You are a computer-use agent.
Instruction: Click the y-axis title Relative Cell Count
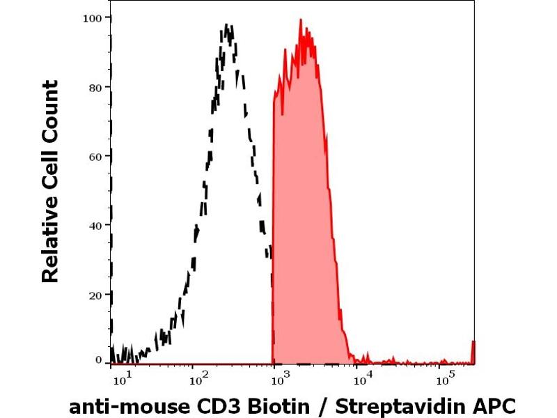click(x=50, y=181)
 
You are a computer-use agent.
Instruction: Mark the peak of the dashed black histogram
click(x=226, y=26)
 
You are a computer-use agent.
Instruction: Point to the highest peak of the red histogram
click(x=301, y=20)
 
